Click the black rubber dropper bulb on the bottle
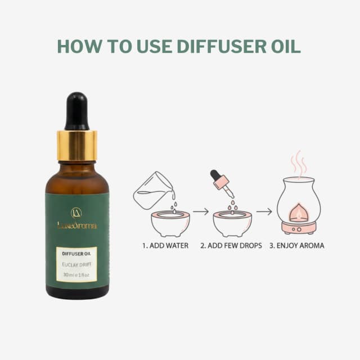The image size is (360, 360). tap(76, 111)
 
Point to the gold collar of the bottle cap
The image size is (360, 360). tap(76, 146)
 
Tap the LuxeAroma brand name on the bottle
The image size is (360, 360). tap(76, 226)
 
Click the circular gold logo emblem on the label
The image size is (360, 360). tap(76, 213)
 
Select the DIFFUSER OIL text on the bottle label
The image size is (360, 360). tap(76, 254)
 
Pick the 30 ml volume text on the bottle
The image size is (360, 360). tap(76, 274)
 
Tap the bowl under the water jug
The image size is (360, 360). tap(170, 224)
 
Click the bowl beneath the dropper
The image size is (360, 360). tap(232, 224)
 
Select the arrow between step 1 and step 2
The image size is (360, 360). tap(201, 211)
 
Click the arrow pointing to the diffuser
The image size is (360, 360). tap(264, 211)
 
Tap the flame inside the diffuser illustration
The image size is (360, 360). tap(299, 214)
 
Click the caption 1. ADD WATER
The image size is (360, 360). tap(165, 246)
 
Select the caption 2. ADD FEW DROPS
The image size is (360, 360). tap(231, 246)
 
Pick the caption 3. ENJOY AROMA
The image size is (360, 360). tap(297, 246)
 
